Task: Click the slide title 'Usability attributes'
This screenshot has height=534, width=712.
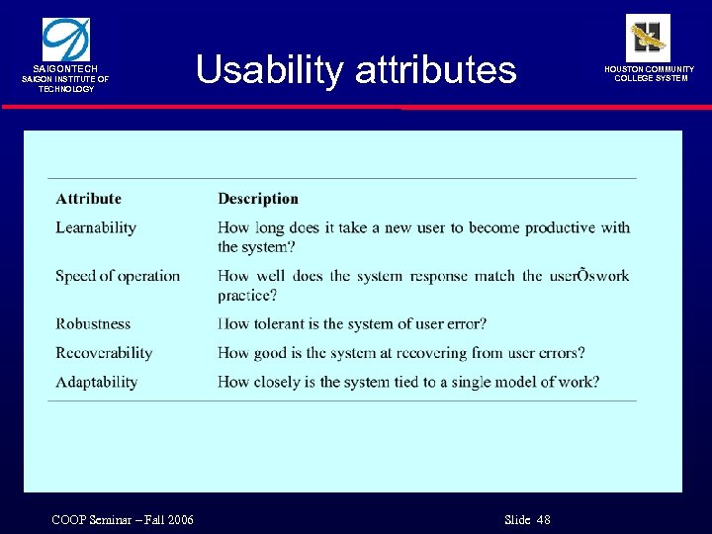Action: coord(355,70)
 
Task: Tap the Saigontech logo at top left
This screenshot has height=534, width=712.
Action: coord(65,39)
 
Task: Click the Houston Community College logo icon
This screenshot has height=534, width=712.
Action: coord(648,38)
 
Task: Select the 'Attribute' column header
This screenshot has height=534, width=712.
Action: coord(89,199)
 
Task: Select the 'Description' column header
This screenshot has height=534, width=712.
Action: coord(258,199)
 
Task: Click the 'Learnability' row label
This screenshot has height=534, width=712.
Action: coord(96,227)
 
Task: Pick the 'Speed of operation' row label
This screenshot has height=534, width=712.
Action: coord(118,276)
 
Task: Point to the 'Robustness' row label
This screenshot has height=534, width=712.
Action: coord(93,323)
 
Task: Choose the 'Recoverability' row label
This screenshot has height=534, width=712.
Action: coord(104,353)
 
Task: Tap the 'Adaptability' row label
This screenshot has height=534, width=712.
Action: coord(96,382)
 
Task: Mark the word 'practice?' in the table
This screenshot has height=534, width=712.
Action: coord(247,295)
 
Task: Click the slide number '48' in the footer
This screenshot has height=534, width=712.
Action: coord(543,520)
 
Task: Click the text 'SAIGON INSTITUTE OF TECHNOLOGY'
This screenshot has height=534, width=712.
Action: coord(66,83)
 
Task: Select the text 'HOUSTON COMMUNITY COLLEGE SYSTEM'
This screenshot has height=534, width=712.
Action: coord(650,73)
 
